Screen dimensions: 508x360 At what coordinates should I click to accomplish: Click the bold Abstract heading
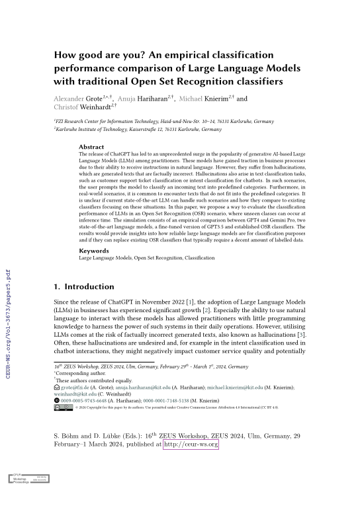point(91,147)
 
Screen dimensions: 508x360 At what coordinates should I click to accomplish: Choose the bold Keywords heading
point(94,251)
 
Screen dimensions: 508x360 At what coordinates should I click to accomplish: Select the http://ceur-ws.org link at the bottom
point(191,445)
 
